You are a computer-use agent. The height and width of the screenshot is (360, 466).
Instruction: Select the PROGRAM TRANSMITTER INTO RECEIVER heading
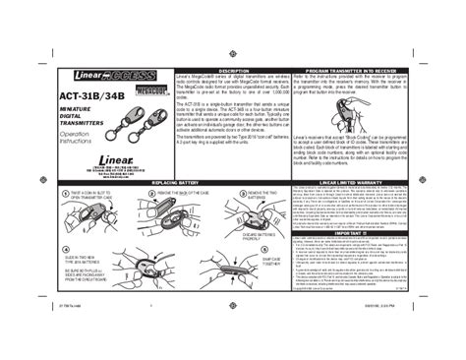(x=352, y=73)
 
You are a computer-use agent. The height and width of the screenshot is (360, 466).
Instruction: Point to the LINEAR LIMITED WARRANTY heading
(x=352, y=184)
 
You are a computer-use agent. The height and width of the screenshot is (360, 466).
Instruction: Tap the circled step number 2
(x=152, y=194)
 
